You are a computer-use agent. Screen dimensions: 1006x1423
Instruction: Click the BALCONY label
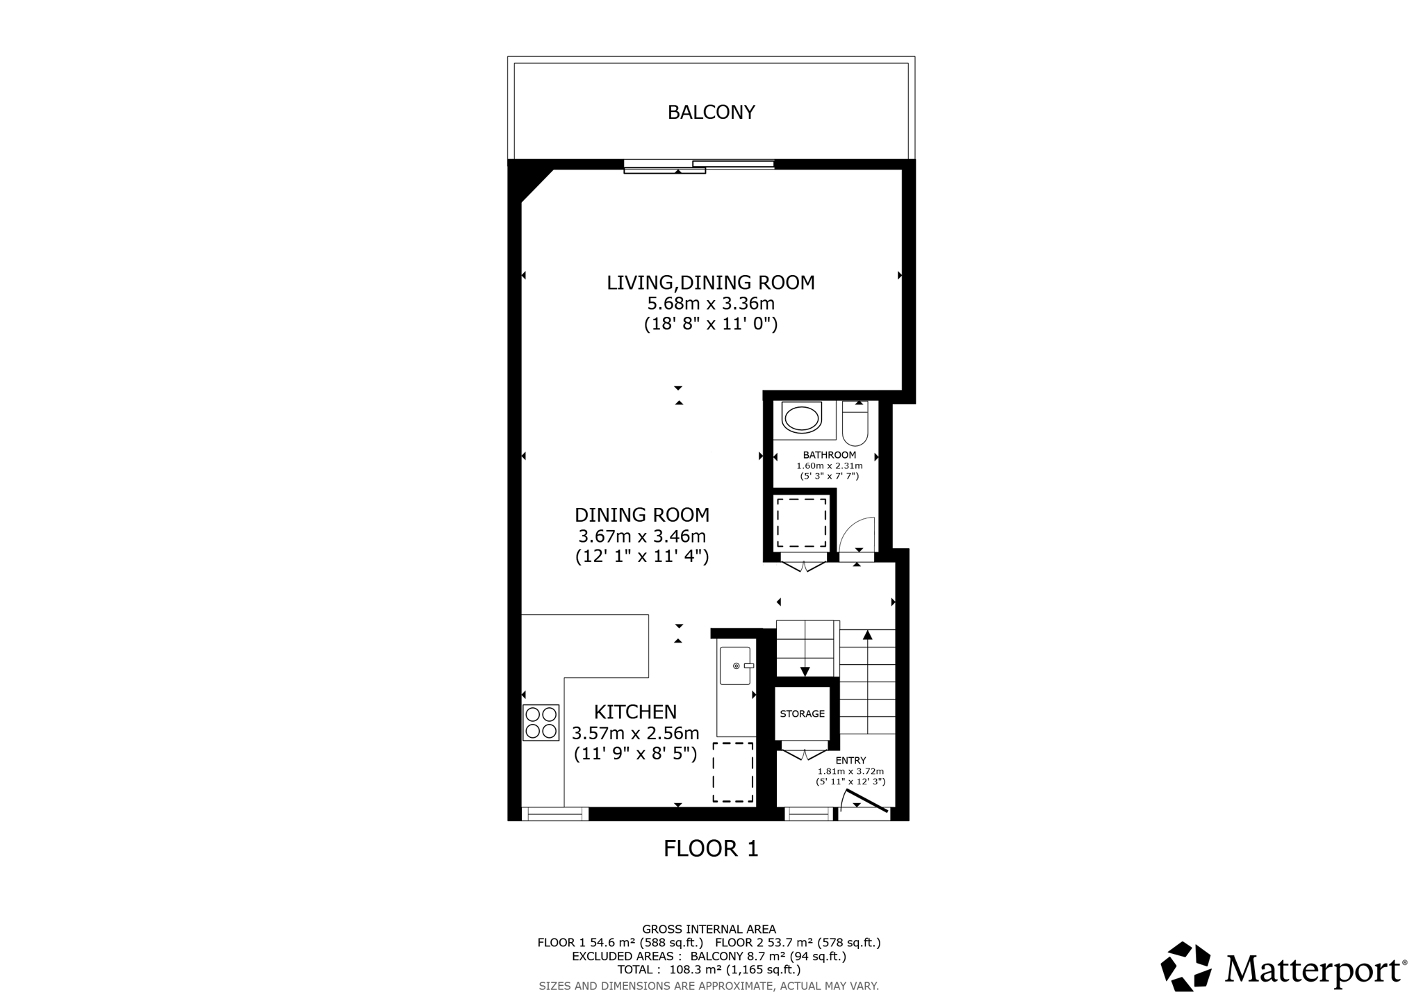[711, 113]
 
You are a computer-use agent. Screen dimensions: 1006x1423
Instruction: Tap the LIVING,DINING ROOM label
[710, 283]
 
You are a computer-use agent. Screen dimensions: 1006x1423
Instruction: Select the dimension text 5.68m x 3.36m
[710, 304]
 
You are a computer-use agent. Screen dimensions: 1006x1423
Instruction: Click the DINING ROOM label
[642, 515]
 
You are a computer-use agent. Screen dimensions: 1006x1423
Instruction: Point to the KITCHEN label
[635, 711]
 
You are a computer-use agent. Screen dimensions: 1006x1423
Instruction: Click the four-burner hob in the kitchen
[541, 723]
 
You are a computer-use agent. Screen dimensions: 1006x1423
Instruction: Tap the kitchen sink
[735, 666]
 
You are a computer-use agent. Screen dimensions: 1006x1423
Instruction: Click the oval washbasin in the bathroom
[801, 418]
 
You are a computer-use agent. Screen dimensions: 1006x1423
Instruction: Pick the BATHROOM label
[829, 455]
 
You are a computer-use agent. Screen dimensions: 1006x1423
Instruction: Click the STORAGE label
[802, 714]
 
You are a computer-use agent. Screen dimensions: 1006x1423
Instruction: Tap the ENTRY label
[850, 761]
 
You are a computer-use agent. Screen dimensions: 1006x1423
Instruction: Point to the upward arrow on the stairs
[867, 635]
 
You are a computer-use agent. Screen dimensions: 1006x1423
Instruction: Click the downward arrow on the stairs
[805, 670]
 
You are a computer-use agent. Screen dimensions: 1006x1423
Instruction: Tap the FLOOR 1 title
[711, 848]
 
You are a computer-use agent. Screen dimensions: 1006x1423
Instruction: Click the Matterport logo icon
[1186, 966]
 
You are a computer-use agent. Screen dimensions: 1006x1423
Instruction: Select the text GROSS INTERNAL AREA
[709, 929]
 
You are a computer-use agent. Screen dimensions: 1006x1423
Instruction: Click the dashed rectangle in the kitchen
[732, 772]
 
